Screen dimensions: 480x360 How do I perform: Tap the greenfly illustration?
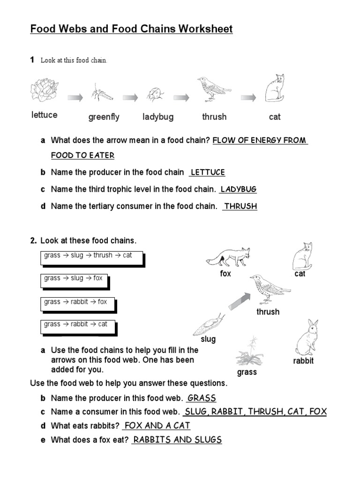coord(102,93)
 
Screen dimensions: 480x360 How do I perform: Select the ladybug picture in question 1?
coord(156,94)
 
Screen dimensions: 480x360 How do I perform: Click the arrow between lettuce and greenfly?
coord(75,97)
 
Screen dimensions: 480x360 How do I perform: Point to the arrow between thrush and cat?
coord(249,97)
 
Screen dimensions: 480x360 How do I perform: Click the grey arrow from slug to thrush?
coord(240,300)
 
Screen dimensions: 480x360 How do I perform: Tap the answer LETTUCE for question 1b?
coord(208,172)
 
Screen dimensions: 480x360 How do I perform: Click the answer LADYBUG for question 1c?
coord(239,189)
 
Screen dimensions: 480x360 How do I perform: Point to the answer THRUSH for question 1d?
coord(240,206)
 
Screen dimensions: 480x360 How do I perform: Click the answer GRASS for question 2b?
coord(202,398)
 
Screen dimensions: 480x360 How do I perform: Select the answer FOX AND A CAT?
coord(157,426)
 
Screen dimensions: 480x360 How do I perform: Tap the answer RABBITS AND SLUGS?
coord(177,440)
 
